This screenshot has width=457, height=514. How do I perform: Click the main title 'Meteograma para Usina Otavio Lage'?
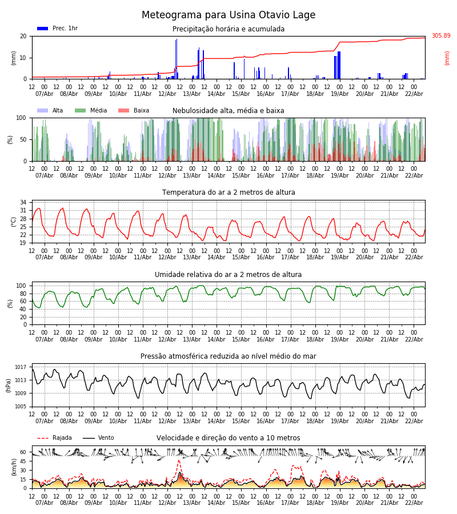pos(228,15)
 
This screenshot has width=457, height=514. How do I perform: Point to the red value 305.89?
pos(440,36)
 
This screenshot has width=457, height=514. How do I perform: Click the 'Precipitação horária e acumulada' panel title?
pos(228,29)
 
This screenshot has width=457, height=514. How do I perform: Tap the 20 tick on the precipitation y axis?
pos(23,36)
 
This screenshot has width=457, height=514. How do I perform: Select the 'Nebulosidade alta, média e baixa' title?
pos(228,111)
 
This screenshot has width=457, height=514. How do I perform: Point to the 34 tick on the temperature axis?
pos(23,202)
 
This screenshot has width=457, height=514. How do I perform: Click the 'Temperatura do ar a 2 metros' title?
pos(228,192)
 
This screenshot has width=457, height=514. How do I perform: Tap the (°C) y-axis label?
pos(14,222)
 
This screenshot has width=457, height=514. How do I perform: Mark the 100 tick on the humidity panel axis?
pos(21,286)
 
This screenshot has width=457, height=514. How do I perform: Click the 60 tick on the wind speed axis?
pos(23,452)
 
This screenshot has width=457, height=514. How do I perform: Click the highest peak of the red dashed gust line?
pos(179,460)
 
